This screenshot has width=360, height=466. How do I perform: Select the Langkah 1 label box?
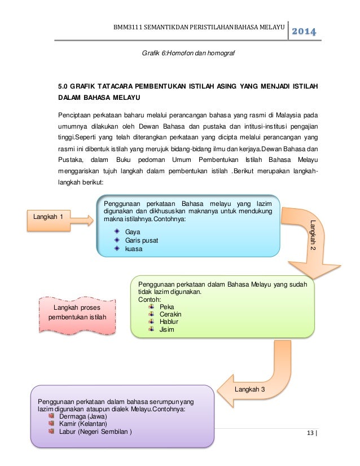coord(53,216)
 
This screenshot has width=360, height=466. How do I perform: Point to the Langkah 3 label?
coord(248,390)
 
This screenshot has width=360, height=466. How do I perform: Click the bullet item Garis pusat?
coord(142,240)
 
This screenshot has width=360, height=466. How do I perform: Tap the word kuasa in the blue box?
coord(134,249)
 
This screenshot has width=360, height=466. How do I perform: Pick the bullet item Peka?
coord(166,307)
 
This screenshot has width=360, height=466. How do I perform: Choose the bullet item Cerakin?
coord(170,314)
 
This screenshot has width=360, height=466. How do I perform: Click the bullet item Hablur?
coord(169,322)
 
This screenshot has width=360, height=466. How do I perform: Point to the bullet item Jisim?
coord(167,329)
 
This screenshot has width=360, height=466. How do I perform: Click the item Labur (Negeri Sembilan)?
coord(96,432)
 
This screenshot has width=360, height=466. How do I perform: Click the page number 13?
coord(309,433)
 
